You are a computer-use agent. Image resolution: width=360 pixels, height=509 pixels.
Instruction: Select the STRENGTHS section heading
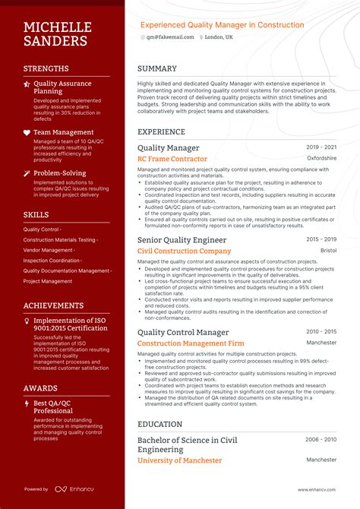(x=46, y=68)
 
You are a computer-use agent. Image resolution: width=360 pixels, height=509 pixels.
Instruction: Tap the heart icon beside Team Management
(x=27, y=132)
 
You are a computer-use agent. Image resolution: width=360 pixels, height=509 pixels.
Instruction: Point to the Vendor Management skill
(x=49, y=250)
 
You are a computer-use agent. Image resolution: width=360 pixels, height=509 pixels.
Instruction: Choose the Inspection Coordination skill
(x=52, y=261)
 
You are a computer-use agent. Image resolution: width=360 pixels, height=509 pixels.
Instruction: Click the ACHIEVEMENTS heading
(x=53, y=305)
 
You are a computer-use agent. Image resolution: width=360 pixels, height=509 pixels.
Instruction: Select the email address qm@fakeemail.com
(x=169, y=36)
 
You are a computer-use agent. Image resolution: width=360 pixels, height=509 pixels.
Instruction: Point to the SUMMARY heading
(x=158, y=68)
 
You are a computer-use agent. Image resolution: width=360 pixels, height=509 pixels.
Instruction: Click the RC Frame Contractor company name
(x=172, y=160)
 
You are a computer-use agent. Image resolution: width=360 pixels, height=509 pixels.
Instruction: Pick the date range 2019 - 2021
(x=321, y=147)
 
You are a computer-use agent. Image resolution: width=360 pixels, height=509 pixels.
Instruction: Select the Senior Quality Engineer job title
(x=182, y=240)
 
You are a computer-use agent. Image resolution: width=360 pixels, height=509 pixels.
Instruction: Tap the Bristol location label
(x=328, y=251)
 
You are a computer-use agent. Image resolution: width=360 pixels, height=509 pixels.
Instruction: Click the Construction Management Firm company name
(x=191, y=343)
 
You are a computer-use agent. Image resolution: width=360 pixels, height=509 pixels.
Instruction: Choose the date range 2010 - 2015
(x=321, y=332)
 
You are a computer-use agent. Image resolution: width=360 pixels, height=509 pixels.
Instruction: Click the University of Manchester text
(x=179, y=460)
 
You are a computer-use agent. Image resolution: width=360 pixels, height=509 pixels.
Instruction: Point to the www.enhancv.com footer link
(x=317, y=489)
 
